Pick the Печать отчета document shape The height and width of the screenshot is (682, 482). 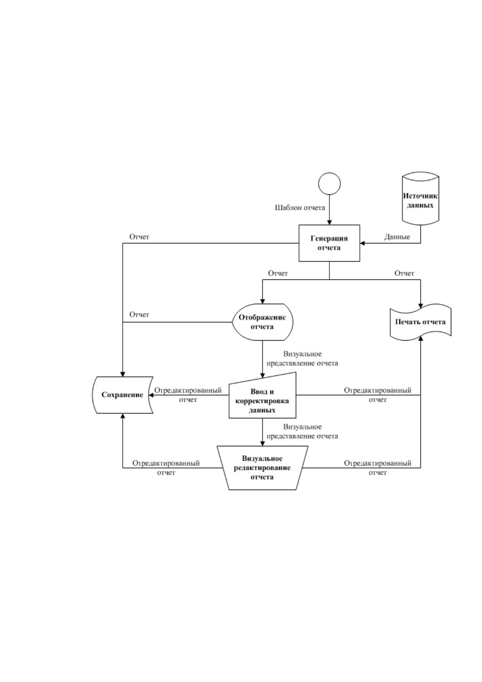pos(420,322)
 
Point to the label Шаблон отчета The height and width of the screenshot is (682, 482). pos(300,208)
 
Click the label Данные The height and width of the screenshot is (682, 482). pos(397,237)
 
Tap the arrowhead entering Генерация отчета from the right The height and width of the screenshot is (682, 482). pos(363,243)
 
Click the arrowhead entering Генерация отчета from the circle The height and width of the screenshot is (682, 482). pos(329,222)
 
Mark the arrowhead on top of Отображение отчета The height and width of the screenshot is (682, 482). pos(263,301)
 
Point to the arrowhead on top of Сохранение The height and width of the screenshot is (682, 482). pos(123,374)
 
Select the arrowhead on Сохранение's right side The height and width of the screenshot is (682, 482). pos(151,395)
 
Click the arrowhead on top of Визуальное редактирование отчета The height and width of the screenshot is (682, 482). pos(263,443)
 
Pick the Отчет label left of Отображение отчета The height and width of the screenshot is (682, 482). pos(139,315)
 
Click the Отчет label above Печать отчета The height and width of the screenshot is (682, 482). pos(404,273)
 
